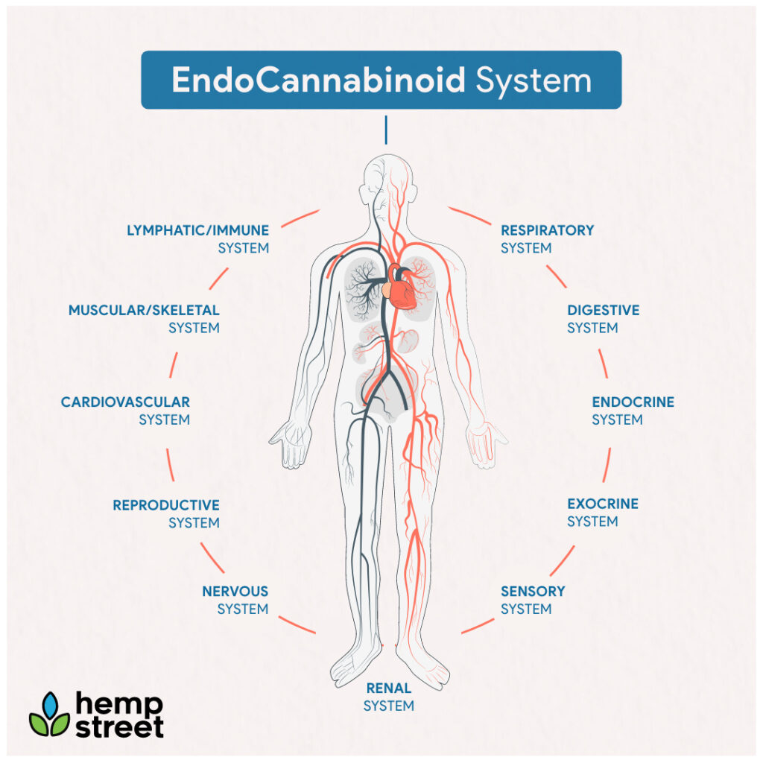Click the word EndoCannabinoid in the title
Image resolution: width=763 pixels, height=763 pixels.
318,80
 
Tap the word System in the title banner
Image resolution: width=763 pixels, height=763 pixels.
534,80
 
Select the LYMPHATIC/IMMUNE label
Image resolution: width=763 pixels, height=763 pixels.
197,230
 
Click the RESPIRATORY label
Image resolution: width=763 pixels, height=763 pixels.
548,230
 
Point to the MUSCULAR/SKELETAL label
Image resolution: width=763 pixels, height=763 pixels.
144,310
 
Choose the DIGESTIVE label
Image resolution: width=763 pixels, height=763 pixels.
604,310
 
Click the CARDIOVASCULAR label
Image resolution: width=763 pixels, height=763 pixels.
125,402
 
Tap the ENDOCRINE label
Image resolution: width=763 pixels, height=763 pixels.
633,402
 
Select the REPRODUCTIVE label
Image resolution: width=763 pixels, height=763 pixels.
166,505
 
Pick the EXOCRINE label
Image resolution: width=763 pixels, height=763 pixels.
603,504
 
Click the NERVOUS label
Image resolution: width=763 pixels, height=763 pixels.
235,591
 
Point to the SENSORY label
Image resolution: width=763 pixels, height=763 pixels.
533,591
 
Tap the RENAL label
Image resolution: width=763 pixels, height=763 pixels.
389,688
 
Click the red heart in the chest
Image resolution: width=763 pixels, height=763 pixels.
402,287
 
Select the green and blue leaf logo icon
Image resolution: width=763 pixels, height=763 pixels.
50,715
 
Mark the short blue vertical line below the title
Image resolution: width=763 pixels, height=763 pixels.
386,130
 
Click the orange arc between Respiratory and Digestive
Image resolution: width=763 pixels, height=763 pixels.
556,276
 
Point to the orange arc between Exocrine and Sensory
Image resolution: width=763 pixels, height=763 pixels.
563,560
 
